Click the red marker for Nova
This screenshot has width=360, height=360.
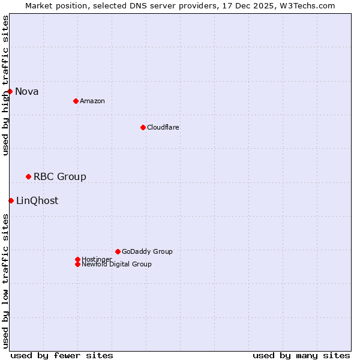pyautogui.click(x=10, y=91)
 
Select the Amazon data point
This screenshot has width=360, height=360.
pyautogui.click(x=76, y=101)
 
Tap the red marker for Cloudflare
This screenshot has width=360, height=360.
pyautogui.click(x=143, y=127)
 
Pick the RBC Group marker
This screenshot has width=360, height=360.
pyautogui.click(x=28, y=176)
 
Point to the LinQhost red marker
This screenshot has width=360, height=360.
pyautogui.click(x=11, y=200)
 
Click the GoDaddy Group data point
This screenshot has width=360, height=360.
pyautogui.click(x=118, y=251)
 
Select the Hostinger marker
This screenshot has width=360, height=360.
pyautogui.click(x=77, y=259)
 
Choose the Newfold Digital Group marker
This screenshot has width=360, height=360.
pyautogui.click(x=77, y=264)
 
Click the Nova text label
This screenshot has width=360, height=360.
pyautogui.click(x=27, y=91)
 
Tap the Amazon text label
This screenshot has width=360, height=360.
pyautogui.click(x=92, y=101)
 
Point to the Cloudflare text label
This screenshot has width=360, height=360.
pyautogui.click(x=163, y=127)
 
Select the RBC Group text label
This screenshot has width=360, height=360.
pyautogui.click(x=60, y=176)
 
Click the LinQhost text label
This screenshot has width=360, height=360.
pyautogui.click(x=37, y=200)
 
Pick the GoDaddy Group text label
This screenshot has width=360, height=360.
pyautogui.click(x=147, y=251)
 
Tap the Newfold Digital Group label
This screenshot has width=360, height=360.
pyautogui.click(x=117, y=265)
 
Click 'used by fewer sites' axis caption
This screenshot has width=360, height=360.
pyautogui.click(x=62, y=355)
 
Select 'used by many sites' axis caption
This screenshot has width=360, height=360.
pyautogui.click(x=301, y=355)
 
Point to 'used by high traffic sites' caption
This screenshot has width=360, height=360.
pyautogui.click(x=5, y=85)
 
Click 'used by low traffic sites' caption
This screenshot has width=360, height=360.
pyautogui.click(x=5, y=280)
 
